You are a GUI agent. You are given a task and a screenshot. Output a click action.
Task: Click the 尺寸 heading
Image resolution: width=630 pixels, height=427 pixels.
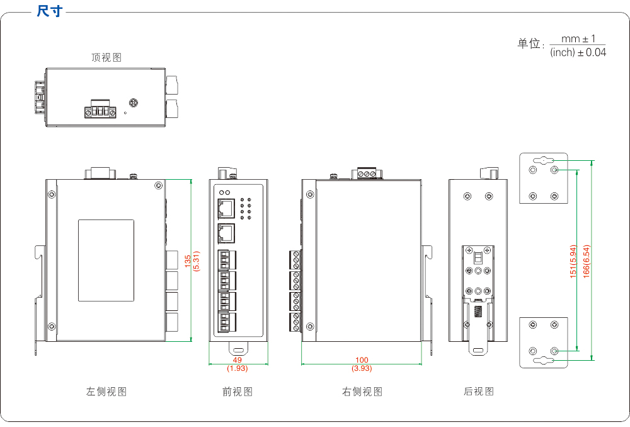tap(50, 11)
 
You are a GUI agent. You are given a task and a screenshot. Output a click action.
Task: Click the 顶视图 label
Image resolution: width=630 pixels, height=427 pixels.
tap(106, 58)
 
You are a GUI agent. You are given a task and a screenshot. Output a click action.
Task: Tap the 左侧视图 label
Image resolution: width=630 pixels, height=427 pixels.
tap(106, 392)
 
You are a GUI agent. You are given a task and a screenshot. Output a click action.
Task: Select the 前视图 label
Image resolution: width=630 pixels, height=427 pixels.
tap(238, 392)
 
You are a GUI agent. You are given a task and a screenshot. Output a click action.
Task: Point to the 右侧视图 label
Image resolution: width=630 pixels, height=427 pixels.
tap(362, 392)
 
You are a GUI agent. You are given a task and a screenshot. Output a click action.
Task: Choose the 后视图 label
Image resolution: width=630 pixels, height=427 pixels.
tap(479, 392)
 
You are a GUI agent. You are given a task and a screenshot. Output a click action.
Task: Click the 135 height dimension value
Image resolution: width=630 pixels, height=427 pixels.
tap(187, 260)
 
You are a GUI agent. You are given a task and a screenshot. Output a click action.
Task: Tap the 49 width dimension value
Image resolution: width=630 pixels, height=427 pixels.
tap(238, 360)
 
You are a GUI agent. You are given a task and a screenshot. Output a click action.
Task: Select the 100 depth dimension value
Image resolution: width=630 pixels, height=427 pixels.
tap(362, 360)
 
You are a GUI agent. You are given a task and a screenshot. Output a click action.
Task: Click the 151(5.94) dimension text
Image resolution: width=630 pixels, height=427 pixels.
tap(573, 261)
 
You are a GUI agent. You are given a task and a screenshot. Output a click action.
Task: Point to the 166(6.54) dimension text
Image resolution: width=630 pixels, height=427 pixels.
tap(585, 261)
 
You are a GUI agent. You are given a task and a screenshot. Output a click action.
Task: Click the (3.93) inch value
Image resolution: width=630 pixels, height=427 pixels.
tap(362, 368)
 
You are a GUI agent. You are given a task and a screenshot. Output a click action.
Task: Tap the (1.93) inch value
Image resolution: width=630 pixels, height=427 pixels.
tap(238, 368)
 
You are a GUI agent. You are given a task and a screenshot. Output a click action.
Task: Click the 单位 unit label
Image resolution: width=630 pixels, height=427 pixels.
tap(529, 44)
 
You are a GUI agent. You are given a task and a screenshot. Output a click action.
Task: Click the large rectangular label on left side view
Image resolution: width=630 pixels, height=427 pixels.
tap(106, 260)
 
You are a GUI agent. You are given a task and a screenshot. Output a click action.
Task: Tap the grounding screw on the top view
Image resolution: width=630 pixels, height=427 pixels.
tap(134, 103)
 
